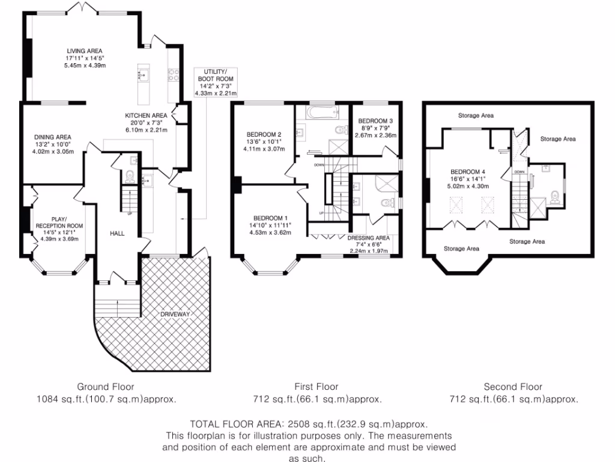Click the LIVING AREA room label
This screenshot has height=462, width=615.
85,51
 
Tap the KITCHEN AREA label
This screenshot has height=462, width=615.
146,115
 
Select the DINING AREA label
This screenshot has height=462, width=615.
52,137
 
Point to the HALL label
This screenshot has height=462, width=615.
117,233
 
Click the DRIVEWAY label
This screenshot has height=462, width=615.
175,315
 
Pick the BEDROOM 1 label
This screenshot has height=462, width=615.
271,218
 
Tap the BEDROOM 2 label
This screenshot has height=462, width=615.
264,134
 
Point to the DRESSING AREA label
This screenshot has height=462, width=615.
369,238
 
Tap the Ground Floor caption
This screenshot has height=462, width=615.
106,387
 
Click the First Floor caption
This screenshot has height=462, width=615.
316,387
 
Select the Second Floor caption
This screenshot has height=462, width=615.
513,387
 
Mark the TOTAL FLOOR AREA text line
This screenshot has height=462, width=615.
309,424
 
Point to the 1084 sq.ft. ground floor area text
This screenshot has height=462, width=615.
106,399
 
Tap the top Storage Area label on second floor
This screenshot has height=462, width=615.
476,115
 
